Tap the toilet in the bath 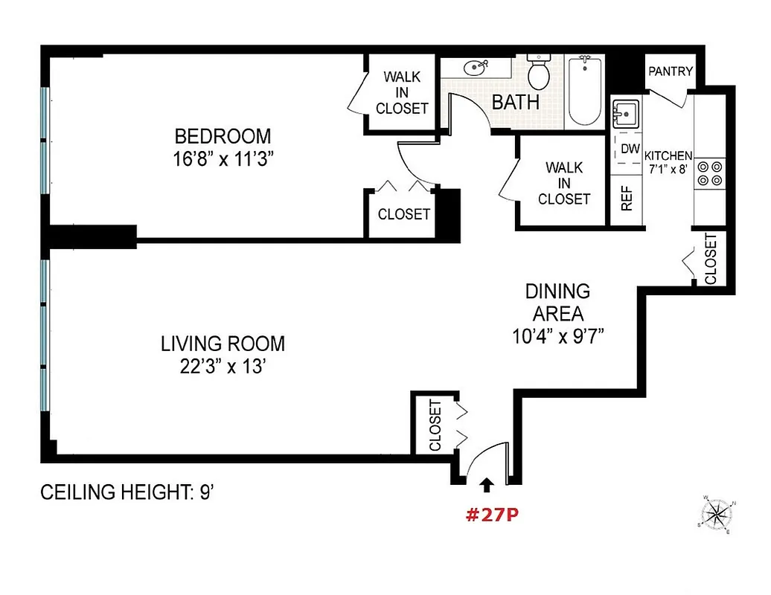click(x=537, y=71)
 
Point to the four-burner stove click(x=708, y=173)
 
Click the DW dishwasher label click(x=630, y=149)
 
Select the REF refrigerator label click(x=627, y=198)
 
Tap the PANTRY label click(x=671, y=71)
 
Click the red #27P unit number click(x=491, y=515)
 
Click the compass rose click(x=718, y=513)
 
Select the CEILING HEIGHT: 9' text click(x=127, y=492)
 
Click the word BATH click(x=516, y=102)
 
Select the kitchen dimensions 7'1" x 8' click(x=668, y=168)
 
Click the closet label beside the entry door click(x=435, y=426)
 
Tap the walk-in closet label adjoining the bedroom click(x=402, y=92)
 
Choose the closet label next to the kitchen click(x=710, y=259)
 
